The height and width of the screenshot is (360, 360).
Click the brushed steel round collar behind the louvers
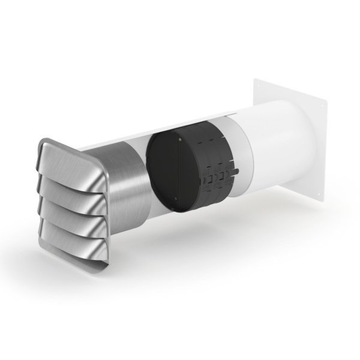click(123, 180)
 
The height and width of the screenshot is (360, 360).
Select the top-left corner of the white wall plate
click(254, 77)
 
